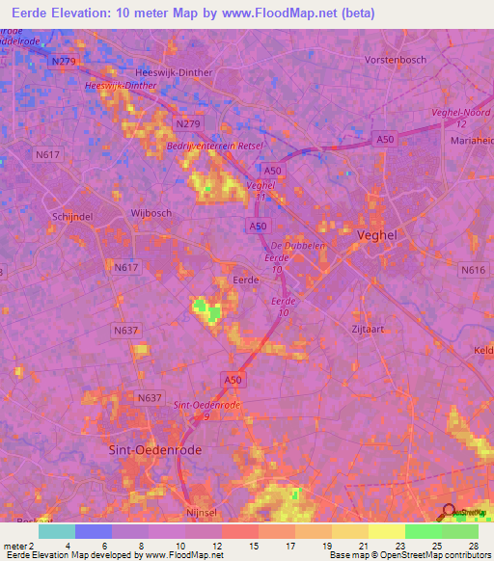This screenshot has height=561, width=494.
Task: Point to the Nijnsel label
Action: coord(205,514)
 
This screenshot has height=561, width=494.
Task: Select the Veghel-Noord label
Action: coord(463,113)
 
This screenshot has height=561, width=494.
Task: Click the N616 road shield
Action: coord(473,271)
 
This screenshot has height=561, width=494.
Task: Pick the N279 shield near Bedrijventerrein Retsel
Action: coord(188,124)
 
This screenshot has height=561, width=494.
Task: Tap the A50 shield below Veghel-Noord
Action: coord(386,140)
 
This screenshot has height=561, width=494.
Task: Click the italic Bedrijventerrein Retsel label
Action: coord(214,145)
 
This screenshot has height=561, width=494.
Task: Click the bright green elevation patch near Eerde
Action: coord(204,309)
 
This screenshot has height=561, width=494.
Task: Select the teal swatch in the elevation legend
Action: coord(56,531)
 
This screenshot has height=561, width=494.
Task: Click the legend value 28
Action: coord(472,546)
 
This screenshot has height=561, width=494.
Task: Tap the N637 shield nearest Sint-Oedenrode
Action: coord(150,397)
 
